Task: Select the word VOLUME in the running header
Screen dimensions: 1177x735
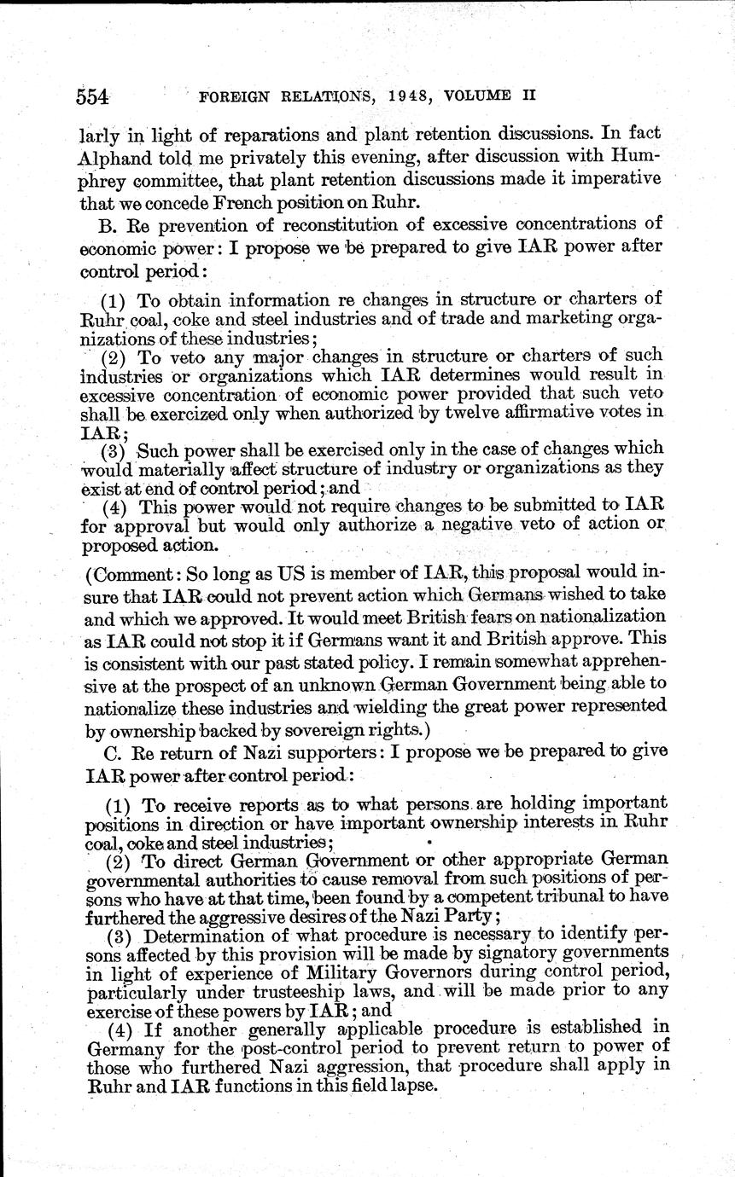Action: [x=482, y=96]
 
